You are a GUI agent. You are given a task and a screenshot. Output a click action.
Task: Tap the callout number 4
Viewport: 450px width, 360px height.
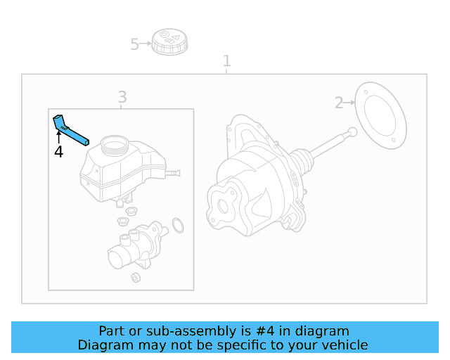pos(58,152)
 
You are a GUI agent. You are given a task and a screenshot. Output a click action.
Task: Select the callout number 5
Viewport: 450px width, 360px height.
pos(135,45)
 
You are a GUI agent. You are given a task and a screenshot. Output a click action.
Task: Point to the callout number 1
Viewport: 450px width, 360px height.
pos(226,60)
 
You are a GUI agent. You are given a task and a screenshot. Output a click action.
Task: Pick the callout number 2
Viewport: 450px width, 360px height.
pos(339,103)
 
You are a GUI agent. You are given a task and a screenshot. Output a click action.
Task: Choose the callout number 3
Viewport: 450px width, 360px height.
pos(122,96)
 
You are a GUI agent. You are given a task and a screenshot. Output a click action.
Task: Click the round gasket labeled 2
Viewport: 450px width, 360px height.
pos(380,115)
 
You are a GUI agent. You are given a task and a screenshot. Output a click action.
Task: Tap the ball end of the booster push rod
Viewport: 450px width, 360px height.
pos(352,131)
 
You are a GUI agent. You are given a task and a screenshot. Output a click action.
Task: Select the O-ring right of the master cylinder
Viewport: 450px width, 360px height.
pos(178,225)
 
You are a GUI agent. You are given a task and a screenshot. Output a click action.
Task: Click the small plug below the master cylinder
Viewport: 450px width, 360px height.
pos(136,277)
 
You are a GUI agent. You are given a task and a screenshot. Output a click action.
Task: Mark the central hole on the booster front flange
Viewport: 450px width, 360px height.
pos(224,207)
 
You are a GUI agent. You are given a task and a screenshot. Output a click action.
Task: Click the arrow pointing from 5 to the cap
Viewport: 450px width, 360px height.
pos(146,44)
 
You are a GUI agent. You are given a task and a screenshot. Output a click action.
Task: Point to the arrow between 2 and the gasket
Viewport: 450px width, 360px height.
pos(349,104)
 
